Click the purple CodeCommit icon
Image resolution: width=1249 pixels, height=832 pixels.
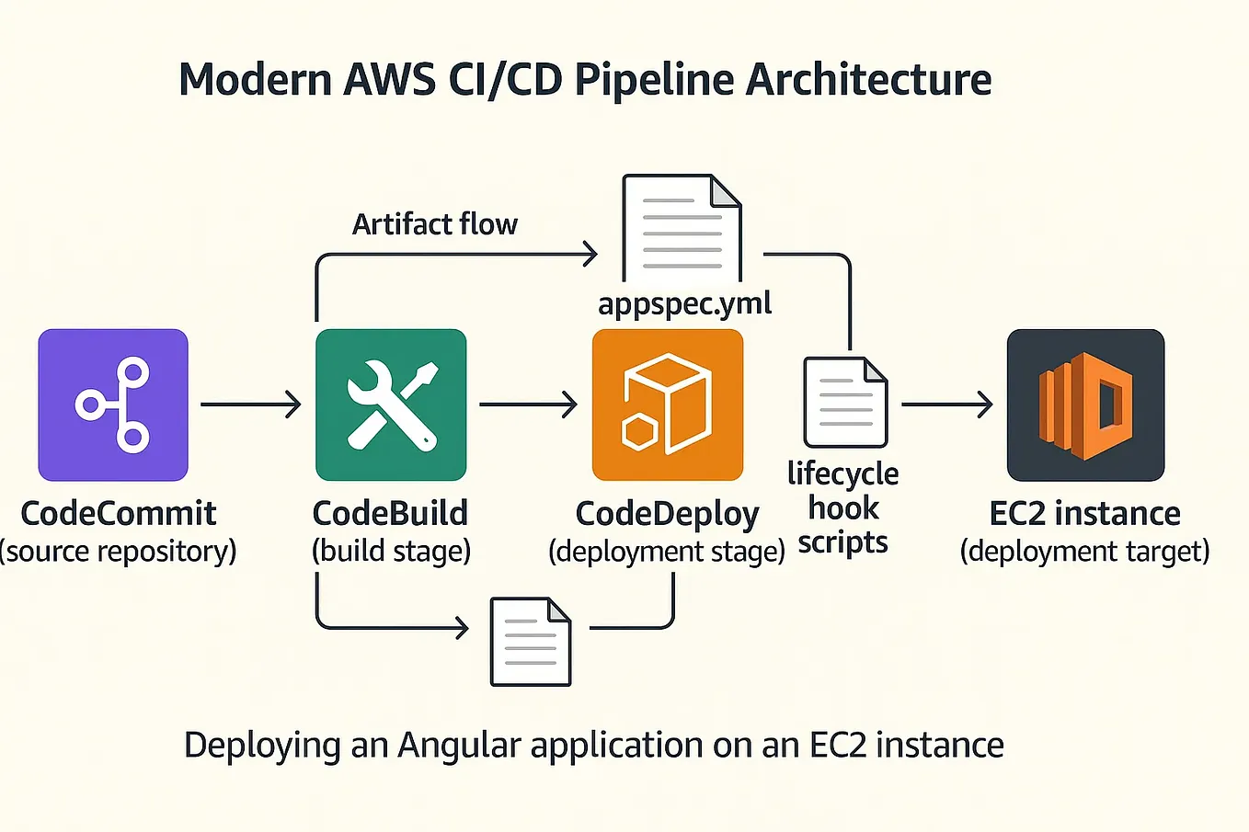(x=113, y=405)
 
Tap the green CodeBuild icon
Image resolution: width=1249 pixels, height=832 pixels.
(x=391, y=405)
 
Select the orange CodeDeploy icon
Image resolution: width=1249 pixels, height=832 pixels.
(x=668, y=405)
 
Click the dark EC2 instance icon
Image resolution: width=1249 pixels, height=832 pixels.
(x=1085, y=405)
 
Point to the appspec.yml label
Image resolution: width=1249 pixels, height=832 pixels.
(x=684, y=304)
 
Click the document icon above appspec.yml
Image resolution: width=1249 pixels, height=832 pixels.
(x=682, y=228)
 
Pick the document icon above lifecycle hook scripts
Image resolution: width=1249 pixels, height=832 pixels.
(x=845, y=402)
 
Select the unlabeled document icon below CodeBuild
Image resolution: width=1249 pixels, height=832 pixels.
(x=531, y=642)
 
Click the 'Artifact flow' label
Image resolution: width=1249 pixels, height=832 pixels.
(x=435, y=224)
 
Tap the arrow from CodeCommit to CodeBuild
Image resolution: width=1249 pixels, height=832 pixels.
(x=251, y=404)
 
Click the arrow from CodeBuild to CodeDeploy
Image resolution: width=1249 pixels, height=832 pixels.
(x=528, y=404)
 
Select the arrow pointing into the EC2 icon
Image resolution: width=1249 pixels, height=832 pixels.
(x=946, y=404)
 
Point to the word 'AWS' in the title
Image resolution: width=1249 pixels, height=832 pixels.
(x=389, y=79)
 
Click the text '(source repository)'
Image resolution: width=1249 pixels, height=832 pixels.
(x=118, y=551)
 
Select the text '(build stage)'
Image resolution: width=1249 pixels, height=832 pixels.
(x=392, y=551)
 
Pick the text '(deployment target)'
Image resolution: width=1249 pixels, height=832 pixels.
(x=1085, y=551)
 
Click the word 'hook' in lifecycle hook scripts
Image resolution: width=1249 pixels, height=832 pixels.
(x=843, y=507)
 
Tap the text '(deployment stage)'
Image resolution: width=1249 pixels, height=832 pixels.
(x=667, y=551)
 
